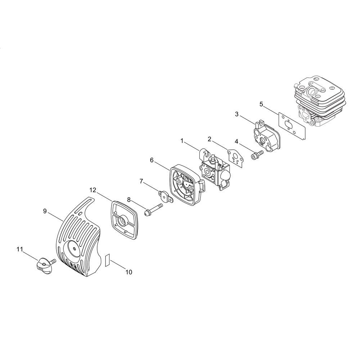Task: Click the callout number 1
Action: point(182,141)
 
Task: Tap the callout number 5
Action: point(261,104)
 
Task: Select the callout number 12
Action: point(93,190)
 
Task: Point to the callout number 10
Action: point(129,272)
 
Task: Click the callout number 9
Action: point(45,211)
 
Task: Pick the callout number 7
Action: point(141,181)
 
